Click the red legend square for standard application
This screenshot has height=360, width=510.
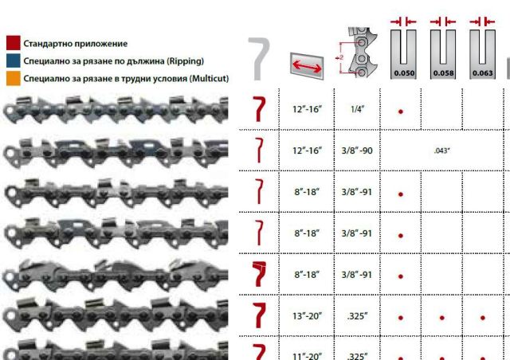tap(14, 43)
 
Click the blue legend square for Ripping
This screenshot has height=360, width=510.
tap(14, 61)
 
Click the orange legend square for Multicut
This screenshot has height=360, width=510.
tap(14, 78)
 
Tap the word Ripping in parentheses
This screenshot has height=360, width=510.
tap(185, 61)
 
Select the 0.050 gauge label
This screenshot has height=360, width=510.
tap(404, 73)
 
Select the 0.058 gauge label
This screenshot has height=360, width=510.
tap(443, 73)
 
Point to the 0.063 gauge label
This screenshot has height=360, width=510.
tap(483, 73)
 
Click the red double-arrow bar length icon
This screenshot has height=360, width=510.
tap(307, 66)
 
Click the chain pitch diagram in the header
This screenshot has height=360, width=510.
tap(357, 53)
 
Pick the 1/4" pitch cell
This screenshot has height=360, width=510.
tap(357, 109)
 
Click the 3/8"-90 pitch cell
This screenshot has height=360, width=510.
tap(357, 151)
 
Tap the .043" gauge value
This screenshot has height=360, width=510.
tap(442, 151)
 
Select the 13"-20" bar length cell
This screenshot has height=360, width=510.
tap(307, 315)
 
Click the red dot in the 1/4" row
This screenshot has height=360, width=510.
tap(401, 112)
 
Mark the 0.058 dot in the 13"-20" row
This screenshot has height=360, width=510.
tap(442, 318)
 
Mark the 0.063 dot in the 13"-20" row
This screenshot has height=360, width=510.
tap(483, 318)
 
